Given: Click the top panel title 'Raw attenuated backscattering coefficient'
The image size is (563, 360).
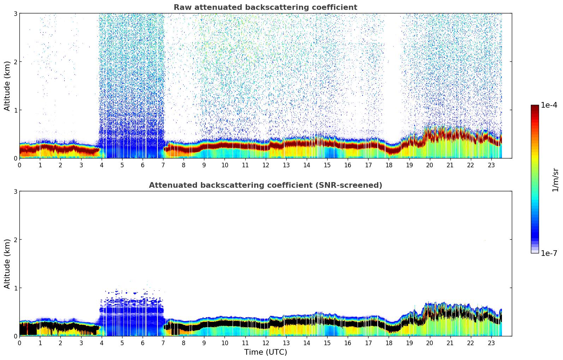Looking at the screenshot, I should [x=265, y=7].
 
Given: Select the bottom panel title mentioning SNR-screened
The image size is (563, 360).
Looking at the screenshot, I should [x=265, y=185].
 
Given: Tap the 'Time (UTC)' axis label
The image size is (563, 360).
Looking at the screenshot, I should [x=265, y=352].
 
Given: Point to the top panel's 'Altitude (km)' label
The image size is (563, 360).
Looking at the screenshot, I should [x=7, y=86].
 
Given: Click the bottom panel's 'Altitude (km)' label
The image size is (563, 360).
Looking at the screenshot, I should [x=7, y=264].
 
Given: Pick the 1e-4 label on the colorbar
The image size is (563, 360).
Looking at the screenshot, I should [x=549, y=105].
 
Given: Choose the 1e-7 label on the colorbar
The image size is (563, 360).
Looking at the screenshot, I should [x=549, y=253].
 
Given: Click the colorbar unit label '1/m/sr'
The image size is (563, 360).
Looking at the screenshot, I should [x=555, y=180].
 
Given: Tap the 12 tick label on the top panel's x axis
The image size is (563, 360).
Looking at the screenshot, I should [x=265, y=165].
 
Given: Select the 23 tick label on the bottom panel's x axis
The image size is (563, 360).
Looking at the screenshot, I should [x=491, y=343].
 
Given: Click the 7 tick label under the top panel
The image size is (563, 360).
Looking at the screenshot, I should [x=163, y=165].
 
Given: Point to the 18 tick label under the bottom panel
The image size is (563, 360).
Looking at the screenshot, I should [x=389, y=343].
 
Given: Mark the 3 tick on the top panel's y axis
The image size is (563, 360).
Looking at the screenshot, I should [x=16, y=13].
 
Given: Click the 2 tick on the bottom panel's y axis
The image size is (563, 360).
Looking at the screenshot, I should [x=16, y=240].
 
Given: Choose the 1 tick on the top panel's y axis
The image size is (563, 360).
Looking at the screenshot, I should [x=16, y=110].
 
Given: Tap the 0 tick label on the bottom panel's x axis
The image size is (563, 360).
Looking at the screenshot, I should [x=19, y=343].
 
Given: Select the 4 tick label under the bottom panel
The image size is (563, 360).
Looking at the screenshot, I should [x=102, y=343].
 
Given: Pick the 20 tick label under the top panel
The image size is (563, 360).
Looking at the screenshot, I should [x=430, y=165].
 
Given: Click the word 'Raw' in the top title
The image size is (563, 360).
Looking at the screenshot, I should [x=181, y=7].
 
